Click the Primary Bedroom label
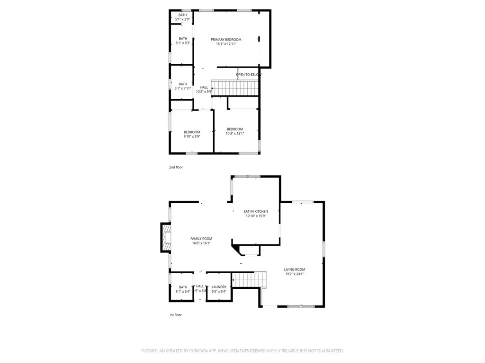(x=226, y=40)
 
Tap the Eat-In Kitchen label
(x=256, y=211)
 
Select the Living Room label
(x=294, y=269)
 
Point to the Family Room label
(x=201, y=239)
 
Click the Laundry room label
(x=219, y=287)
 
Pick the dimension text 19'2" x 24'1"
(x=294, y=274)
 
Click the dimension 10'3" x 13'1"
(x=235, y=133)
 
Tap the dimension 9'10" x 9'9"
(x=192, y=137)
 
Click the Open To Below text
(x=249, y=75)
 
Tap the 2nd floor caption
(x=176, y=167)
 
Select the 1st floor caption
(x=175, y=315)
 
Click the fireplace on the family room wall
(x=166, y=238)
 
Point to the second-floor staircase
(x=235, y=87)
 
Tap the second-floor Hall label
(x=204, y=87)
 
